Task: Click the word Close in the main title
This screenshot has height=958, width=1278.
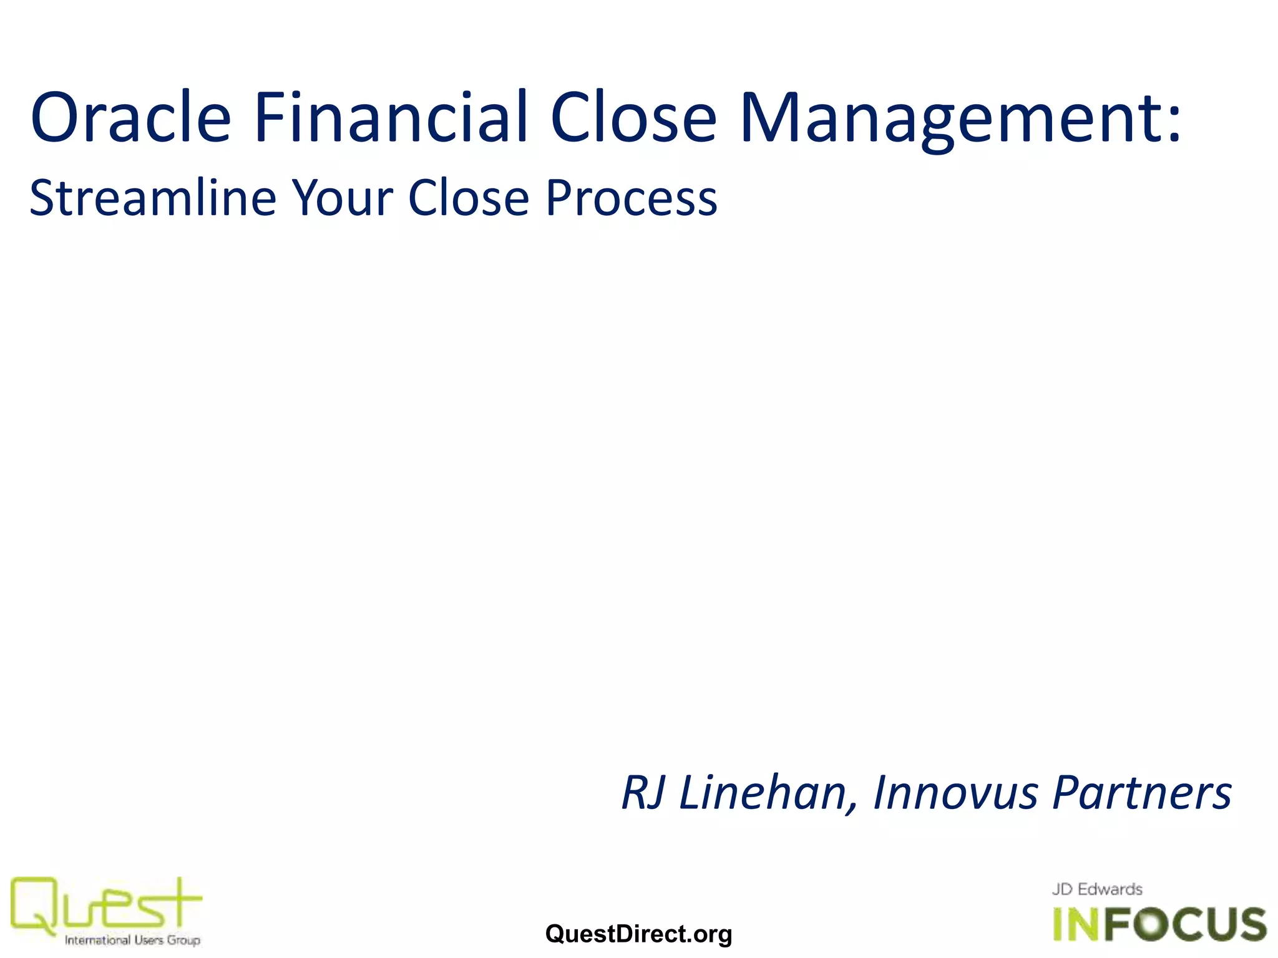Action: (x=633, y=117)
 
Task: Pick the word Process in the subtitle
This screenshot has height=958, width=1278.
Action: (x=632, y=198)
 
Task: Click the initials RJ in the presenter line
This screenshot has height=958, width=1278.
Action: (x=643, y=793)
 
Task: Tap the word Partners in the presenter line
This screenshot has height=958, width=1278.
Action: (x=1142, y=793)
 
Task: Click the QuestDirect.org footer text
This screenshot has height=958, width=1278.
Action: (x=638, y=934)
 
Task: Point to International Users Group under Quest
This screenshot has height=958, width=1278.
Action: (x=132, y=940)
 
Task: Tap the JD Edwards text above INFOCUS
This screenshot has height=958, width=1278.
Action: (x=1097, y=889)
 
